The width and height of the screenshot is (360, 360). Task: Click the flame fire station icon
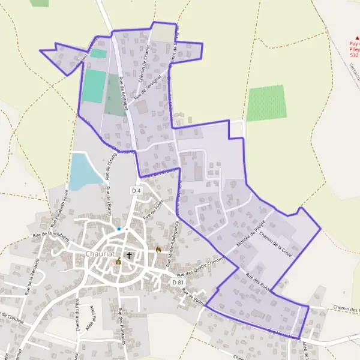click(x=158, y=249)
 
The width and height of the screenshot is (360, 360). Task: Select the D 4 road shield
click(x=136, y=191)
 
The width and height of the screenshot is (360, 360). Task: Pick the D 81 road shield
click(x=178, y=282)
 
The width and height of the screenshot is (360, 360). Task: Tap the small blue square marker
click(x=119, y=229)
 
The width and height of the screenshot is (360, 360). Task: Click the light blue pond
click(x=83, y=172)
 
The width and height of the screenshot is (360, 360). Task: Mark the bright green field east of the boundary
click(x=266, y=103)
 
